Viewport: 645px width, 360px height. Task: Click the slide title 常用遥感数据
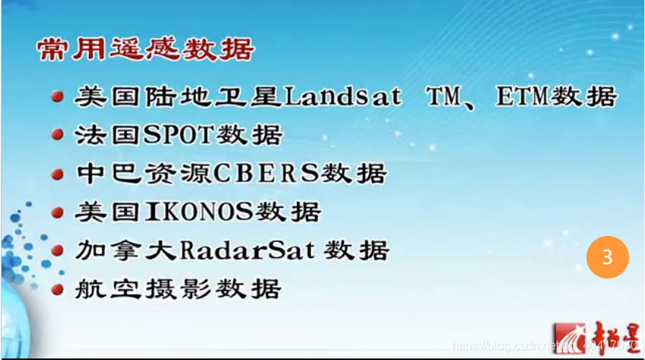[145, 49]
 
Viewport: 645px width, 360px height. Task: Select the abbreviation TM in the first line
[444, 97]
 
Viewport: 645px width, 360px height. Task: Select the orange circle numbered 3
[608, 257]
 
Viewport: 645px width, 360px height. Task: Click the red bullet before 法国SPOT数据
[57, 135]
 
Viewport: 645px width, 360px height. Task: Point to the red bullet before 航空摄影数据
[57, 288]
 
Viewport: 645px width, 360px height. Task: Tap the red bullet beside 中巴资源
[57, 174]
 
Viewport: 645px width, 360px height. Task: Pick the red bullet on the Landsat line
[57, 97]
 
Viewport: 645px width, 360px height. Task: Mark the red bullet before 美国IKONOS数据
[57, 212]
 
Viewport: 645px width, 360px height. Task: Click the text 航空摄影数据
[178, 288]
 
